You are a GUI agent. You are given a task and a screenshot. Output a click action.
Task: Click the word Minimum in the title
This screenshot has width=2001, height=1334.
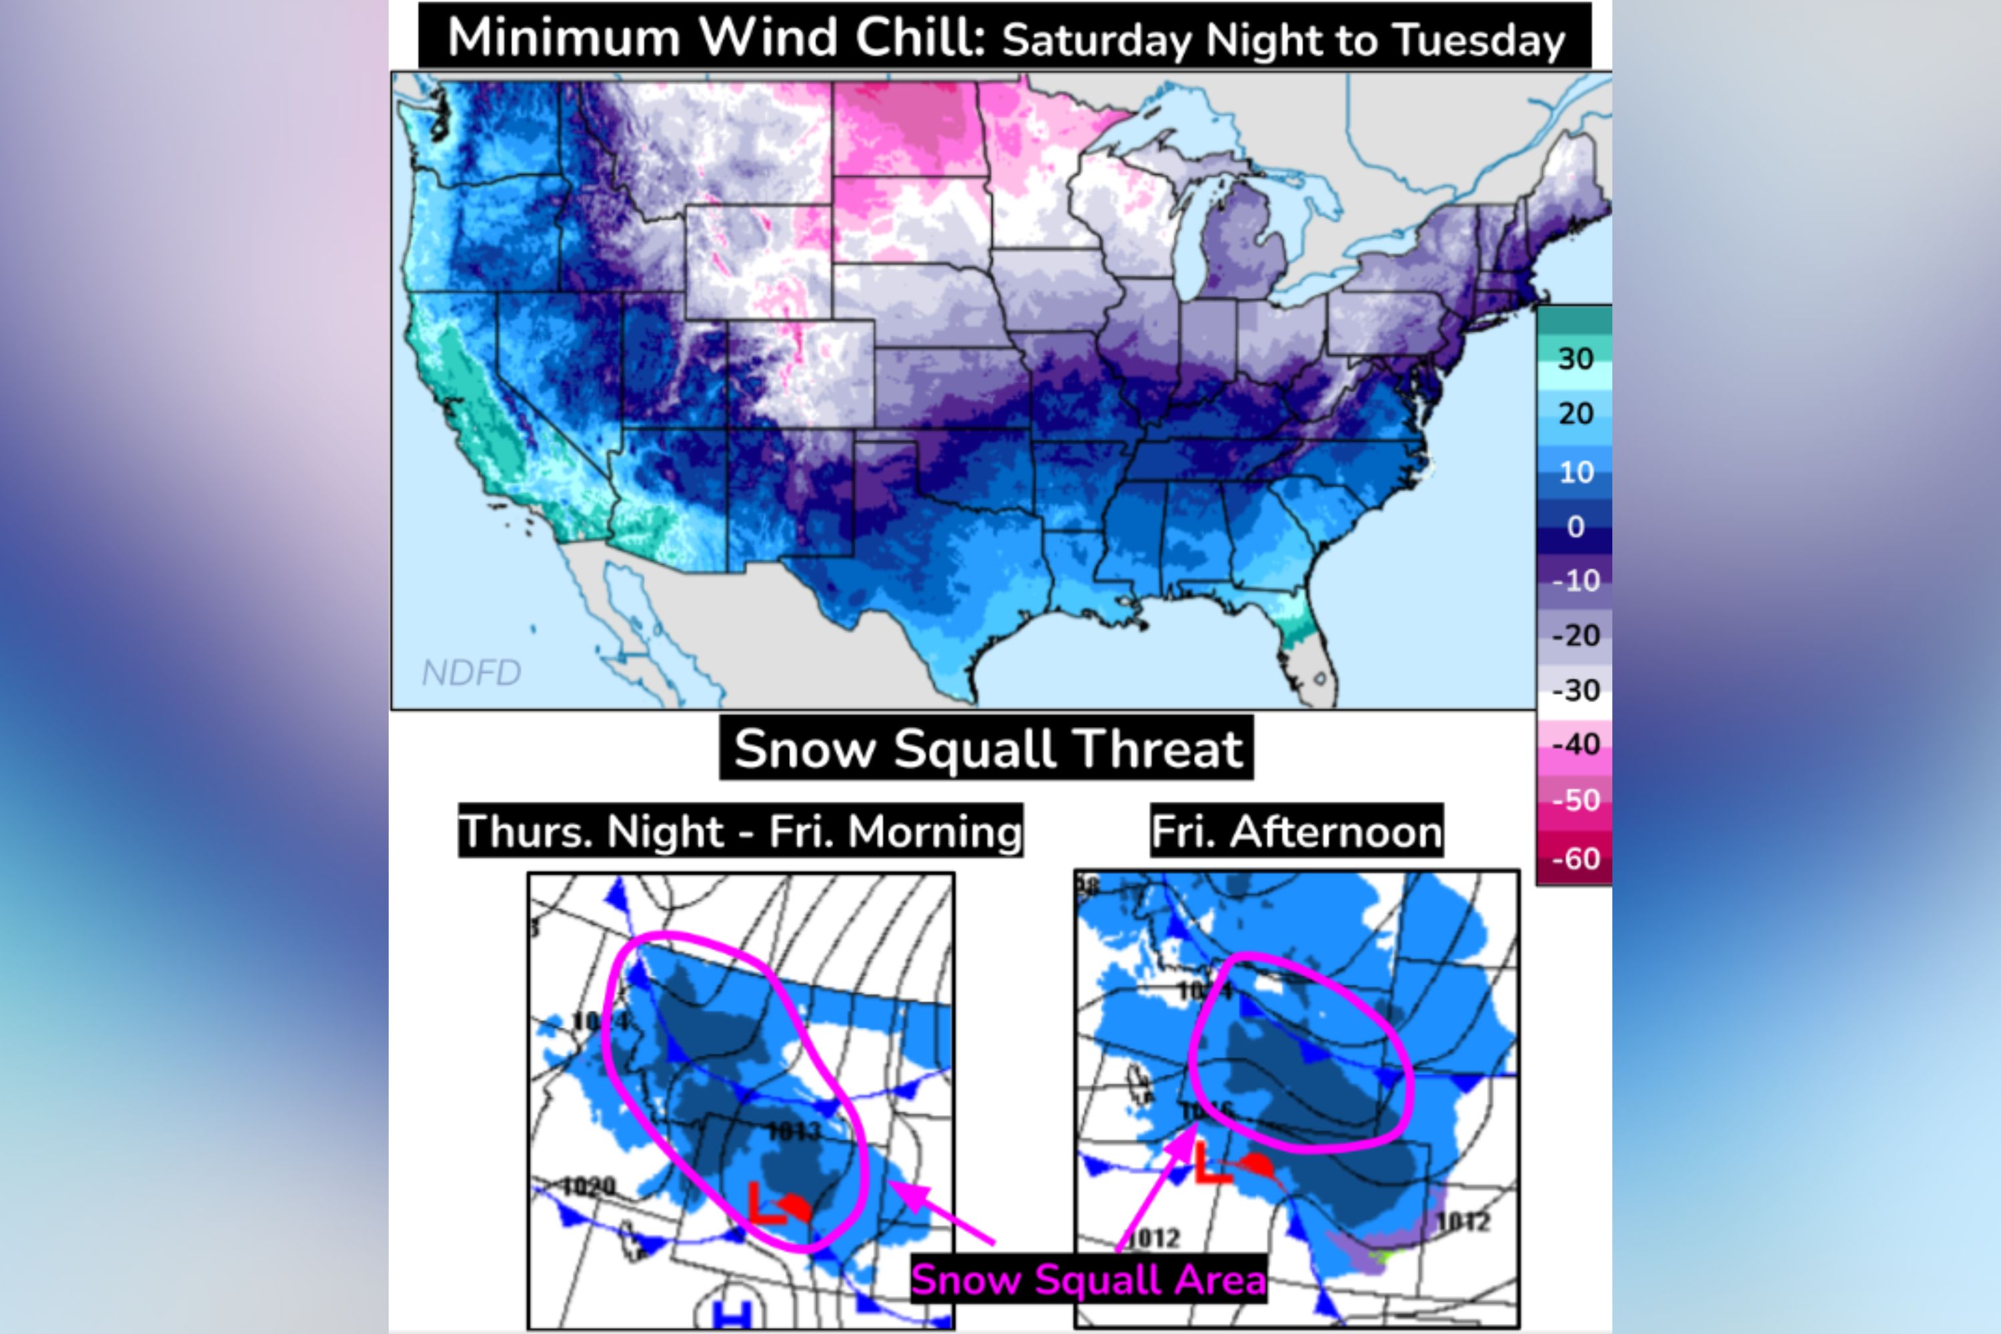(x=563, y=37)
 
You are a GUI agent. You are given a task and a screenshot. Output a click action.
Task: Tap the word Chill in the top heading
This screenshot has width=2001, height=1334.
(x=919, y=37)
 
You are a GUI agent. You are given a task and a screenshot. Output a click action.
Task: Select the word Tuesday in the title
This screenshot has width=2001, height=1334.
(x=1479, y=40)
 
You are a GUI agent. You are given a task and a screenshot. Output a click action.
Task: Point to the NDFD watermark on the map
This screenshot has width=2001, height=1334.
(x=472, y=673)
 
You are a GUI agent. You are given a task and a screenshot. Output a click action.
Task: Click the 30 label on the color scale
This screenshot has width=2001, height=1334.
(x=1575, y=358)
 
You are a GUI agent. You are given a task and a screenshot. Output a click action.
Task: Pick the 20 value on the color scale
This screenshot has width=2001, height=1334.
(x=1575, y=414)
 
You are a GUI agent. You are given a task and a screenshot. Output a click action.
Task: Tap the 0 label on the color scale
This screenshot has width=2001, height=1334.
(x=1575, y=527)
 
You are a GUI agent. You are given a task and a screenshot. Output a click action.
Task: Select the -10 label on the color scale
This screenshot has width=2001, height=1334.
(x=1575, y=581)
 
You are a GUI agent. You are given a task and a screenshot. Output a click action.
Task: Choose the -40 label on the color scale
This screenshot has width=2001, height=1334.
(x=1575, y=744)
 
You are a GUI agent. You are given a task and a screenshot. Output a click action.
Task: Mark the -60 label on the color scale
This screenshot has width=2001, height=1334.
(x=1575, y=858)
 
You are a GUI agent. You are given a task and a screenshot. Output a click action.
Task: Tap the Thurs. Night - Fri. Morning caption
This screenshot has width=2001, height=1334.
(x=740, y=831)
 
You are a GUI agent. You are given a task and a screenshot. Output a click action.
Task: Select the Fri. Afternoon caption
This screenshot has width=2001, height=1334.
(x=1297, y=831)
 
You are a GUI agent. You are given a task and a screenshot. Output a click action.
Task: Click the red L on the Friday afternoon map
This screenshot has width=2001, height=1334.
(x=1211, y=1163)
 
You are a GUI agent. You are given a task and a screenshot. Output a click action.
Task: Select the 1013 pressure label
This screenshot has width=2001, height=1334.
(x=794, y=1131)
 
